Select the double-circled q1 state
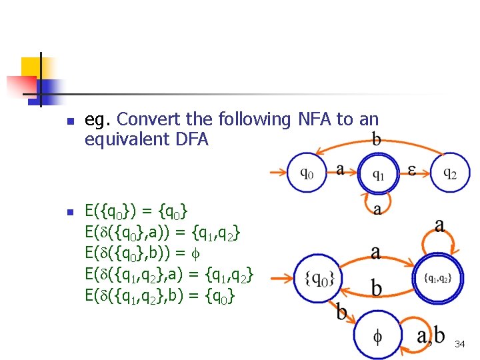pyautogui.click(x=377, y=175)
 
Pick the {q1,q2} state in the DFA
pyautogui.click(x=437, y=279)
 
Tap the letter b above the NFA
pyautogui.click(x=377, y=139)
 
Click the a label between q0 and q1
pyautogui.click(x=341, y=169)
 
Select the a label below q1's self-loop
pyautogui.click(x=378, y=209)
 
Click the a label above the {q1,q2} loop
pyautogui.click(x=439, y=225)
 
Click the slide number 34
pyautogui.click(x=459, y=344)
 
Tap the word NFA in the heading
pyautogui.click(x=313, y=120)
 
